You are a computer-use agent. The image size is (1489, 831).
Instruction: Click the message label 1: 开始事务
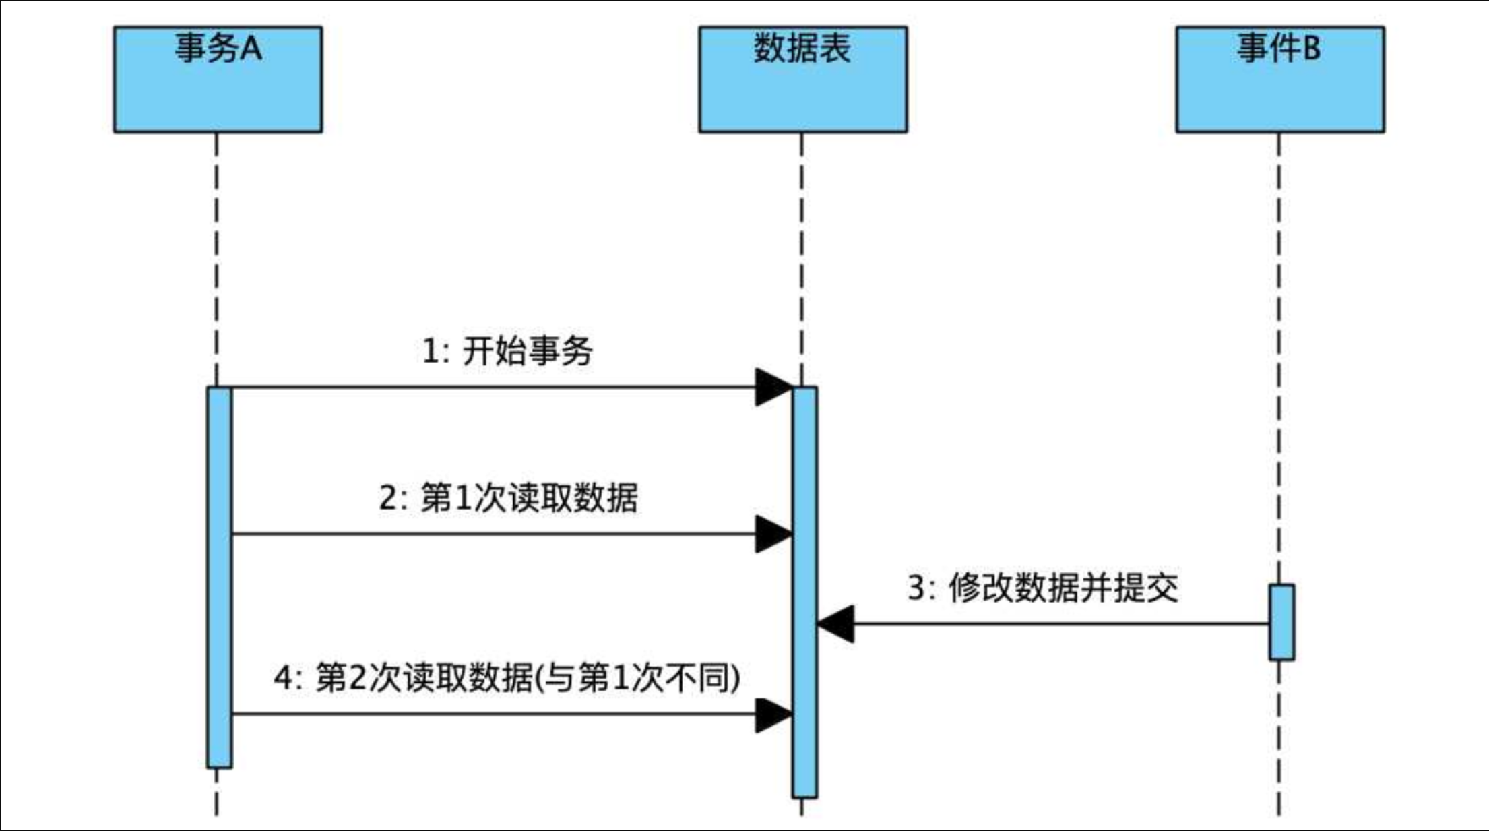[x=507, y=351]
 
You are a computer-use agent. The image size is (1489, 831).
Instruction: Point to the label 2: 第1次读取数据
[x=508, y=498]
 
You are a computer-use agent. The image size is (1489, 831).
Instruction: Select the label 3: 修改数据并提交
[x=1042, y=588]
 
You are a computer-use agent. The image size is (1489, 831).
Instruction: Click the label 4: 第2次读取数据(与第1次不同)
[x=507, y=677]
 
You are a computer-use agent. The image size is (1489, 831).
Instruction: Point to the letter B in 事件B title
[x=1311, y=49]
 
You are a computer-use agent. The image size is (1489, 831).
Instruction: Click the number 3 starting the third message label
[x=916, y=588]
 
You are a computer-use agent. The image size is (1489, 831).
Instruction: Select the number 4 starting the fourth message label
[x=283, y=678]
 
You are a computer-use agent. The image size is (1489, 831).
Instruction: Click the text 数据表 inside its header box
[x=802, y=49]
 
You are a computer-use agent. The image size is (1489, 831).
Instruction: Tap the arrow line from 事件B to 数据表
[x=1058, y=624]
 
